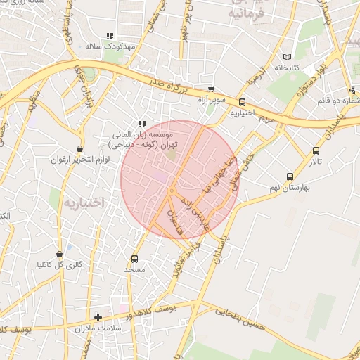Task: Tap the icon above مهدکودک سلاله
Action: [109, 36]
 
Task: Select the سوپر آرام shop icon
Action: [211, 90]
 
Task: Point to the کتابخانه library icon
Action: [285, 57]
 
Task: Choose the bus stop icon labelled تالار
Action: [314, 150]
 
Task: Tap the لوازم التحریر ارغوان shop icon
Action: [79, 149]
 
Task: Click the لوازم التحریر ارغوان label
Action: [77, 159]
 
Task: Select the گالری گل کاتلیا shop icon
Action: [60, 254]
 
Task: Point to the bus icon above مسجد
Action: [134, 258]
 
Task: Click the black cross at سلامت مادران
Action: [98, 317]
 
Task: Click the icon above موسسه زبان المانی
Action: [142, 123]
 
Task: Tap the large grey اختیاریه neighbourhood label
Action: [84, 202]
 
